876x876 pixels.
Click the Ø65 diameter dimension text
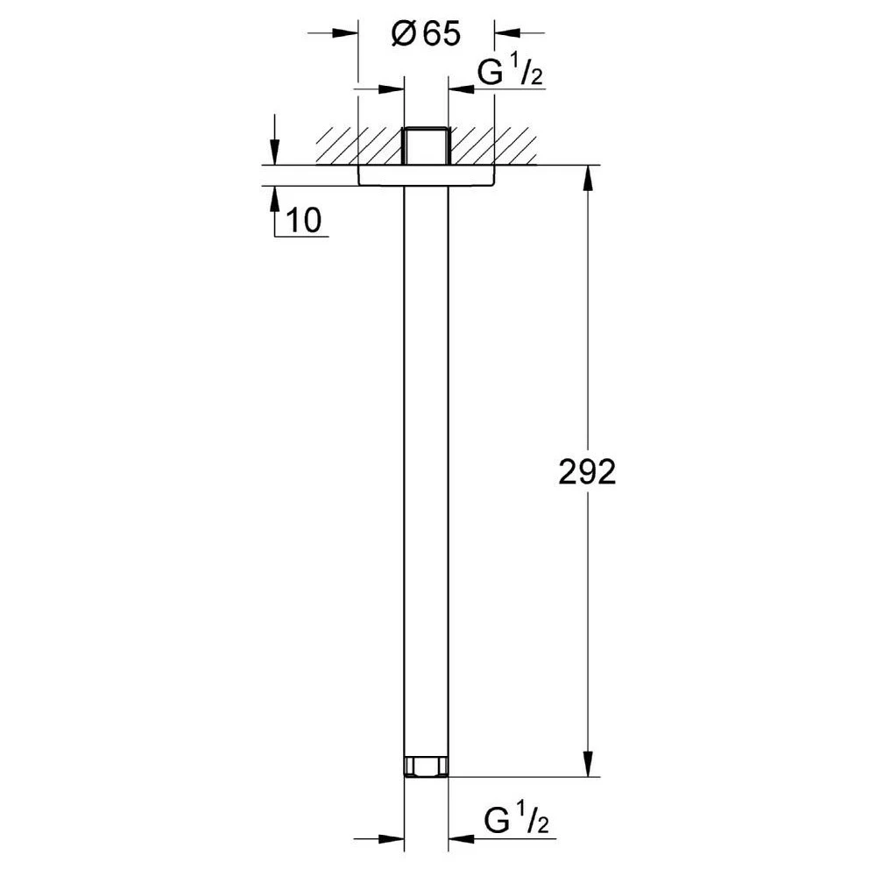pyautogui.click(x=426, y=35)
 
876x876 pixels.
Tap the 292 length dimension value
pyautogui.click(x=587, y=472)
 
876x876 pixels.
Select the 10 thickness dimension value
pyautogui.click(x=304, y=220)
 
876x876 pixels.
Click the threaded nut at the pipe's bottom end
pyautogui.click(x=426, y=766)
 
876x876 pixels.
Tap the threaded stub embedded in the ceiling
pyautogui.click(x=426, y=146)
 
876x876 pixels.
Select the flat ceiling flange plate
pyautogui.click(x=426, y=174)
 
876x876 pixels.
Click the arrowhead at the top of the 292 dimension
pyautogui.click(x=588, y=179)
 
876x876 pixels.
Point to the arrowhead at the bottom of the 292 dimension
pyautogui.click(x=588, y=764)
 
